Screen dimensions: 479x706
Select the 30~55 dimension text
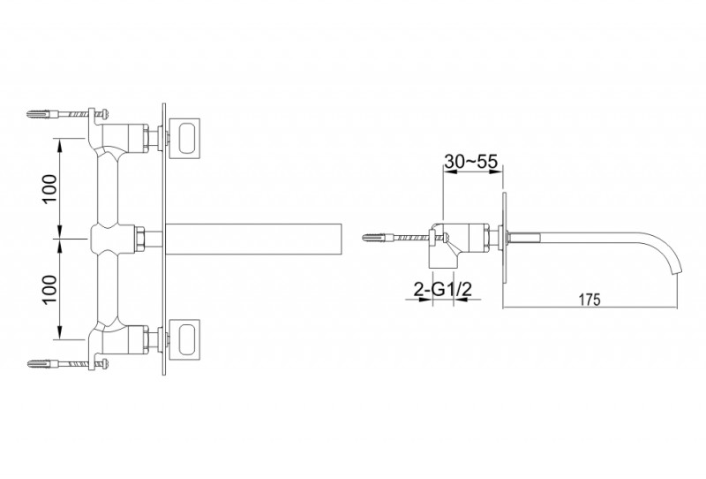coord(470,161)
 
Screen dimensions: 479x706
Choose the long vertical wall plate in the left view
coord(164,238)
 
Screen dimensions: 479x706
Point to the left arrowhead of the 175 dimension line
coord(507,308)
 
